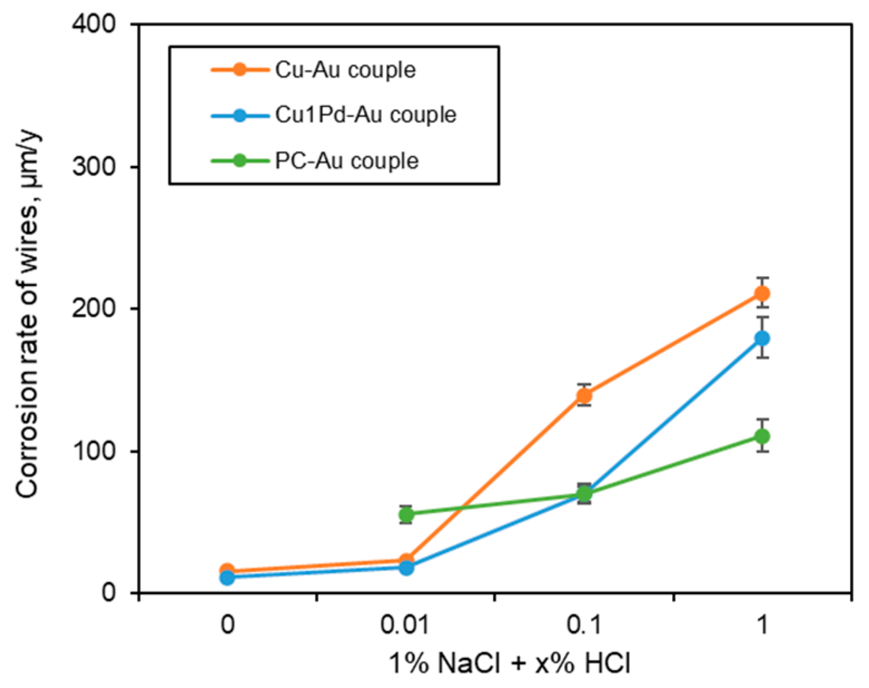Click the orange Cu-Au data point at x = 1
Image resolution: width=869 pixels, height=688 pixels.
[x=762, y=293]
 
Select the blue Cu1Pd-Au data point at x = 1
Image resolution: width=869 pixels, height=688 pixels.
[x=762, y=338]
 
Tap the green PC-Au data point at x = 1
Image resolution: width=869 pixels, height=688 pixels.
[x=762, y=436]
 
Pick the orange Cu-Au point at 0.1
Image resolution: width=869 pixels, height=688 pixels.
[x=584, y=395]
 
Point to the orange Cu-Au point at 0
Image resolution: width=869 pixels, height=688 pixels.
[x=227, y=571]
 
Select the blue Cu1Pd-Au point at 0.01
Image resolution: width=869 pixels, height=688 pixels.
[x=406, y=568]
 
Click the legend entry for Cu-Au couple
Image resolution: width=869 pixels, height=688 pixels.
[x=345, y=70]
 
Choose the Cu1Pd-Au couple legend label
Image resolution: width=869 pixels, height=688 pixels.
[x=365, y=115]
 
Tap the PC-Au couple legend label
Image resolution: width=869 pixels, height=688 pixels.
[x=346, y=161]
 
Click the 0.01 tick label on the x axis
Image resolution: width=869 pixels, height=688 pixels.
[x=405, y=625]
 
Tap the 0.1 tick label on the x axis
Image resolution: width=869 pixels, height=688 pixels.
[x=584, y=625]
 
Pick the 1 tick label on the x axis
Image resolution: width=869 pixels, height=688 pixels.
[x=762, y=625]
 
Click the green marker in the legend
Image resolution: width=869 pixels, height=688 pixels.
[x=240, y=161]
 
